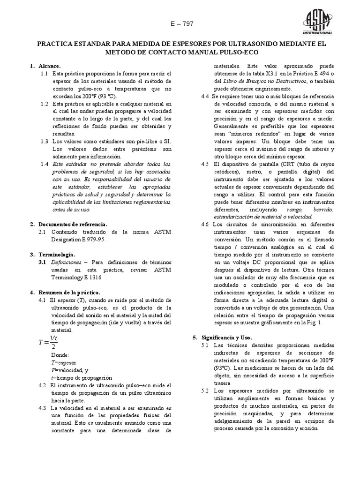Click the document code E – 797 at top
180,24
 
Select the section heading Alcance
50,67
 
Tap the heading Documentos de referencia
73,225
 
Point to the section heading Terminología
56,254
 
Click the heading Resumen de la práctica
70,292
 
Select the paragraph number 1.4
45,164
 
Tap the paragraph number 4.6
204,224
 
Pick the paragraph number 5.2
204,390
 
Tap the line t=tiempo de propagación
82,377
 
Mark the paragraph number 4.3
45,408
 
